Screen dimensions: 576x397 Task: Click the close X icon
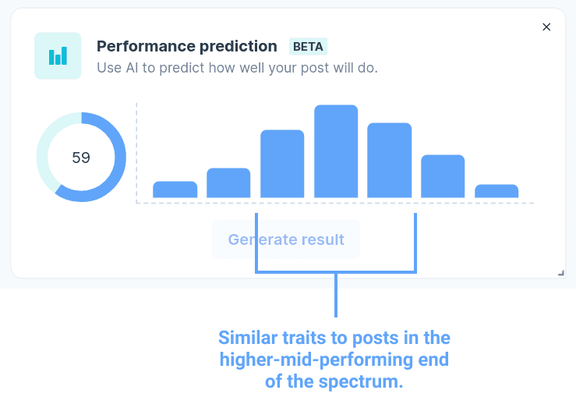pos(546,27)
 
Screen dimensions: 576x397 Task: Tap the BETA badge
pos(308,47)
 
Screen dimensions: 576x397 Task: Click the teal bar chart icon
pos(58,55)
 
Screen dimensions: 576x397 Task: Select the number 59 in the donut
pos(81,158)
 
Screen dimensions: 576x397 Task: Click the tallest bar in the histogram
pos(336,151)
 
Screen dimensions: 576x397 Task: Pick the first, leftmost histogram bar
pos(175,190)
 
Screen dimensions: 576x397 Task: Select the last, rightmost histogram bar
pos(496,191)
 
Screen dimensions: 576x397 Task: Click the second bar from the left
pos(228,183)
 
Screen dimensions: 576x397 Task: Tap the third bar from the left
pos(282,164)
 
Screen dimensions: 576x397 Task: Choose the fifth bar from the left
pos(390,160)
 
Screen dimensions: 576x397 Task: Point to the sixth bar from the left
pos(443,176)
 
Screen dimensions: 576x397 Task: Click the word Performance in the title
pos(146,46)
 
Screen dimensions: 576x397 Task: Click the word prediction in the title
pos(239,47)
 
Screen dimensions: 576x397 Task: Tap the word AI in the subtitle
pos(132,68)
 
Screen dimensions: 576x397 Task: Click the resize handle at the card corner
pos(561,273)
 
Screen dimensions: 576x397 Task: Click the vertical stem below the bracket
pos(336,295)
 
